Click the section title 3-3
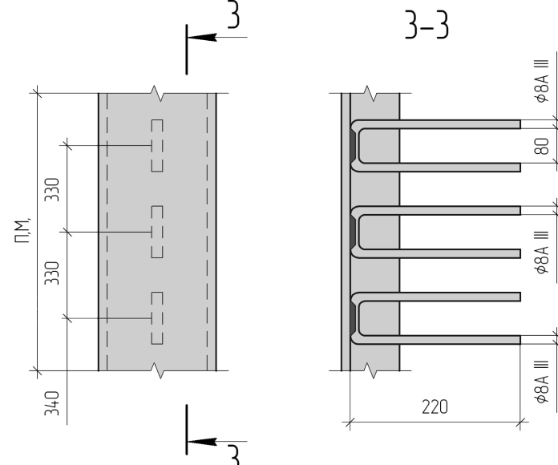427,28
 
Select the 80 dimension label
540,147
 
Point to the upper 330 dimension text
52,190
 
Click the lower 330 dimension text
52,273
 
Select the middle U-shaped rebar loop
437,232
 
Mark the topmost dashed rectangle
157,145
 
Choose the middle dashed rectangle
157,232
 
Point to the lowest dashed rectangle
157,319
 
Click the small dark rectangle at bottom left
86,343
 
